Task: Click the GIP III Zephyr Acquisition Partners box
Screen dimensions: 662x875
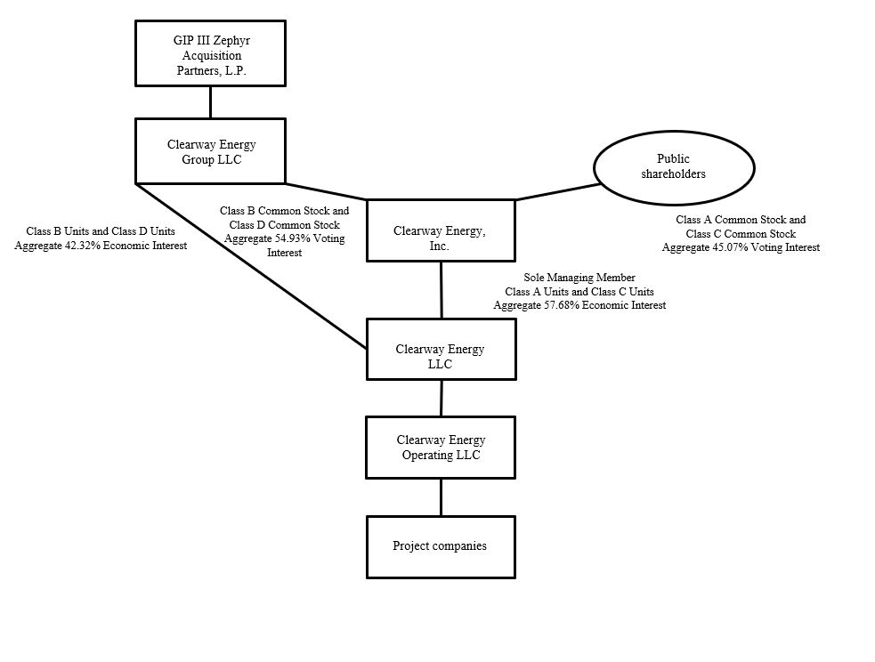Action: [x=210, y=54]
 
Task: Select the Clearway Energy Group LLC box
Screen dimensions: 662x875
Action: [x=210, y=151]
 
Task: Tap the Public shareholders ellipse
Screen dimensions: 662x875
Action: [x=673, y=166]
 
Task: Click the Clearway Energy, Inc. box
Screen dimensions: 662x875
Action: [x=440, y=230]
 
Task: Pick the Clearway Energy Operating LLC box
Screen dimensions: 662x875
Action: [x=441, y=448]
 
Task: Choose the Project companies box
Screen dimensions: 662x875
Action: [x=441, y=546]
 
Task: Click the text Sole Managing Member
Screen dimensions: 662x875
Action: [x=579, y=278]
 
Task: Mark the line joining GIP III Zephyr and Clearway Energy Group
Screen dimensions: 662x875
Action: [x=210, y=102]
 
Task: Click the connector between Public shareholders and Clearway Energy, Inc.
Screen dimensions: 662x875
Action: [x=556, y=192]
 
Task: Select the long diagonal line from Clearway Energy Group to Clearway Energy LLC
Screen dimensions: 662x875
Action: [x=252, y=266]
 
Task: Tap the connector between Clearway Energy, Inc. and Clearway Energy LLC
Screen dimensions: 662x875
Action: [x=441, y=289]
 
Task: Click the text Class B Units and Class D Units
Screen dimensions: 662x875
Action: [x=101, y=231]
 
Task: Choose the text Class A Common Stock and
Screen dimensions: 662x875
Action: [x=741, y=219]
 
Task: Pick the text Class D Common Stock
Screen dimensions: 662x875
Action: [x=284, y=225]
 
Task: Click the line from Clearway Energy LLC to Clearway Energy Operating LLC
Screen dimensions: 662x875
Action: [x=441, y=398]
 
